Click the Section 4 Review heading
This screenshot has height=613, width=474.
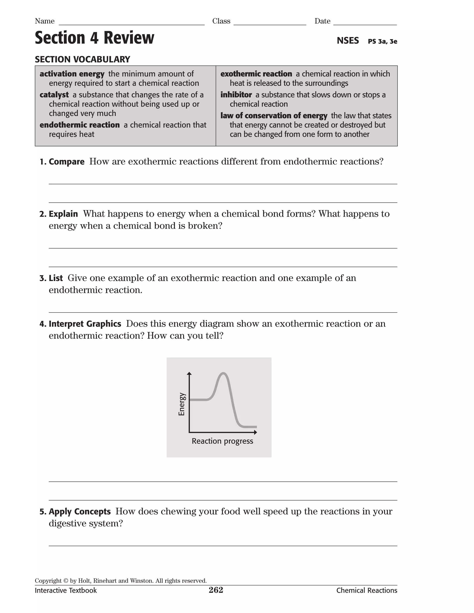pos(94,38)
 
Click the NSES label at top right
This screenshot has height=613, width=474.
pos(348,41)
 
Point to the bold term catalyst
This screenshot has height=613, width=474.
pos(54,95)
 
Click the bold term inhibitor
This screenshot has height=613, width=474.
pos(236,95)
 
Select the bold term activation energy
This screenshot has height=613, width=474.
pos(72,74)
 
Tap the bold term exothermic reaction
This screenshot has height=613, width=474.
pos(256,74)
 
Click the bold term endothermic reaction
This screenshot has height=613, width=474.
pos(79,125)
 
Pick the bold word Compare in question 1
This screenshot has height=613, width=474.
pos(67,162)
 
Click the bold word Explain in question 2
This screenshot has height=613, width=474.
pos(63,214)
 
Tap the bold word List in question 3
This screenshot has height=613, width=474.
pos(56,278)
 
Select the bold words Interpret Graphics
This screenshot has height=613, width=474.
pos(85,324)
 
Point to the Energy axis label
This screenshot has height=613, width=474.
pos(182,404)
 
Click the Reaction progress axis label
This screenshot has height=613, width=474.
pos(222,441)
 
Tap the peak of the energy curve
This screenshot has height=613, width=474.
pos(223,373)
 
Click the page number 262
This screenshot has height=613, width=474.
pos(216,590)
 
